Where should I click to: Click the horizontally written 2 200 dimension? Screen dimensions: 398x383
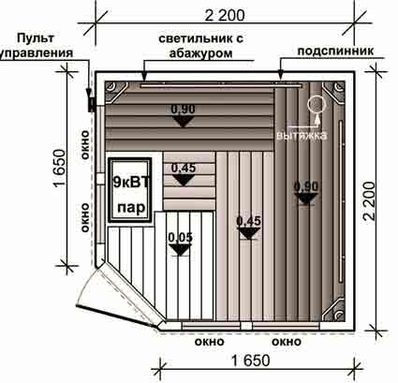point(225,16)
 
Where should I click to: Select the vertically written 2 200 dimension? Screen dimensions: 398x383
point(370,201)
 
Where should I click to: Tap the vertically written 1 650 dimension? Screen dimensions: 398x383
point(60,168)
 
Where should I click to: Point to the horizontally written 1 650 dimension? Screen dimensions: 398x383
point(251,361)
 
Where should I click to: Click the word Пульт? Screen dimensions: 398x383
point(36,38)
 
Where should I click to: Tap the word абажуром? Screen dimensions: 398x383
point(200,52)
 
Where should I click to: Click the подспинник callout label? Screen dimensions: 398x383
point(335,51)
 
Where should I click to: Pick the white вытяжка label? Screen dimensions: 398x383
point(302,136)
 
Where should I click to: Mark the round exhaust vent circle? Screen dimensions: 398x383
point(317,104)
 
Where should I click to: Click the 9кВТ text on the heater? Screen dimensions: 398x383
point(131,182)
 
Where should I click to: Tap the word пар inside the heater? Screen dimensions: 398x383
point(131,207)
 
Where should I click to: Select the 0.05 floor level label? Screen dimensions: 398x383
point(181,237)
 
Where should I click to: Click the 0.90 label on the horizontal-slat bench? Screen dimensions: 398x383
point(183,110)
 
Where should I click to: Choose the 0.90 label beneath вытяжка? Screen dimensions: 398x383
point(306,186)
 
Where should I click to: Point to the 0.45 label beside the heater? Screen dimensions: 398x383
point(184,168)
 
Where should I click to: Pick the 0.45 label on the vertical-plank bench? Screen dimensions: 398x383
point(248,221)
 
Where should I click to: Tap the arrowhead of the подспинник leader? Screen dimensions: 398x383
point(281,76)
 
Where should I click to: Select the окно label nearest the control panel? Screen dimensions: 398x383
point(84,145)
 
